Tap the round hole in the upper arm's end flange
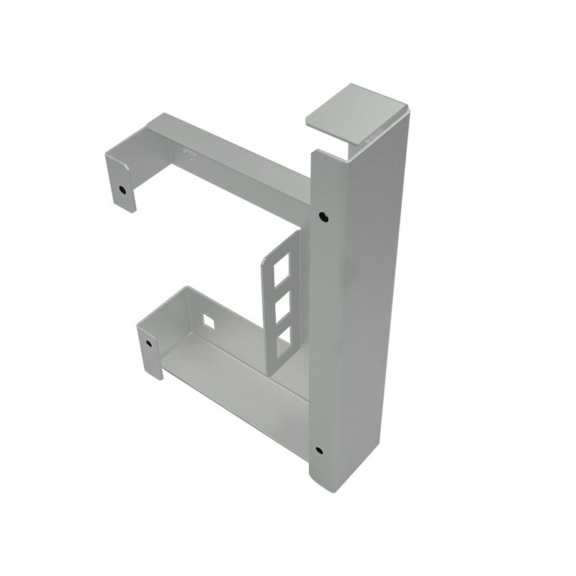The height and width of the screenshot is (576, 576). click(x=123, y=191)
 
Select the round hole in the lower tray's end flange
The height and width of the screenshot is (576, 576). click(x=149, y=343)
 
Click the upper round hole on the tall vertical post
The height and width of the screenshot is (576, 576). click(x=323, y=215)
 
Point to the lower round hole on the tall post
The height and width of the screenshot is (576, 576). click(x=318, y=451)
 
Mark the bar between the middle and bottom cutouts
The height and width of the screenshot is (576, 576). click(x=281, y=321)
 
